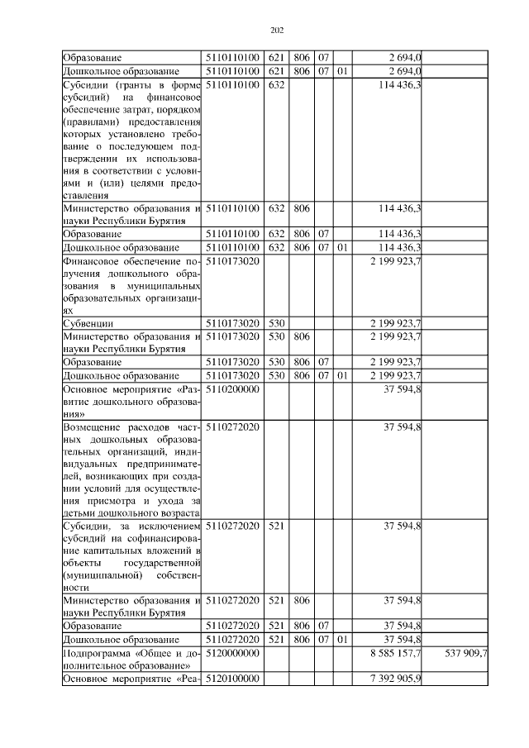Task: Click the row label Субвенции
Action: (88, 322)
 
